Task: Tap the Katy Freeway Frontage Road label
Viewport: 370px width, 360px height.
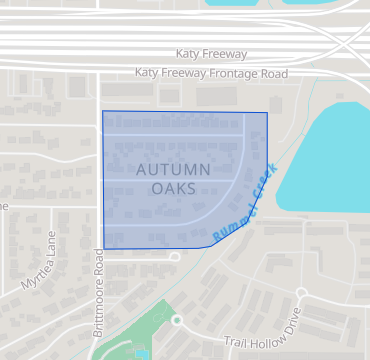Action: click(x=211, y=74)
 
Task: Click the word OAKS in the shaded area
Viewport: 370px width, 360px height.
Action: click(x=173, y=188)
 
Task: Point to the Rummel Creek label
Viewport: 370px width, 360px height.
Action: click(x=246, y=204)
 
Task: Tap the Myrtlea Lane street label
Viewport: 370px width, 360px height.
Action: click(x=39, y=262)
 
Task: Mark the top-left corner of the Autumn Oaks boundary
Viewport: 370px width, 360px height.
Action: click(x=103, y=111)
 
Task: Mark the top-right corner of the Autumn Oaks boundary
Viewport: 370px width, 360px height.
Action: click(x=267, y=113)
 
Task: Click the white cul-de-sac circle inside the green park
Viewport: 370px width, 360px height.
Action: click(x=177, y=320)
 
